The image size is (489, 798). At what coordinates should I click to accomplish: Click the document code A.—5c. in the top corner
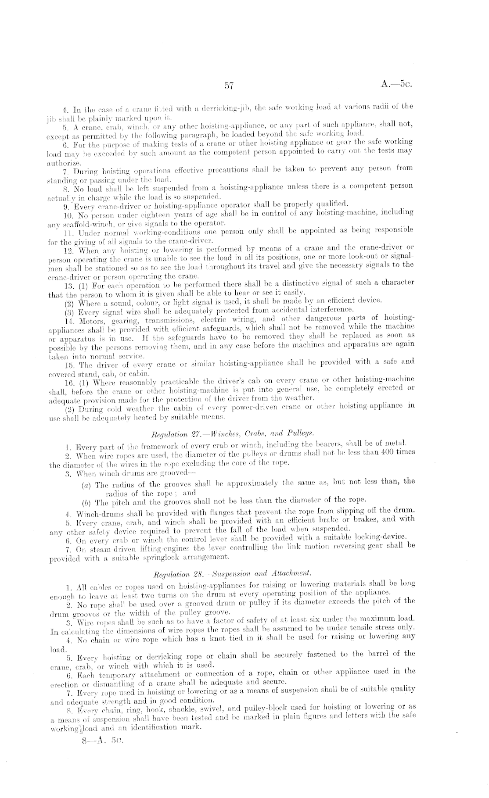pos(397,84)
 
